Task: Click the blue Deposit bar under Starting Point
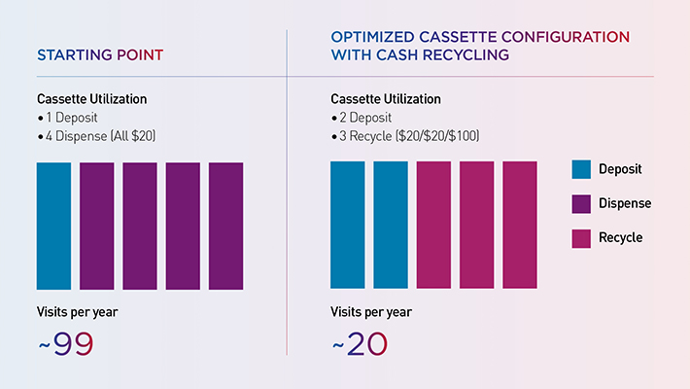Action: point(53,226)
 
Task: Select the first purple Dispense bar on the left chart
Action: point(96,226)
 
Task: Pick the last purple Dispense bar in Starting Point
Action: point(225,226)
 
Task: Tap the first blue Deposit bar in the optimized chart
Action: point(347,226)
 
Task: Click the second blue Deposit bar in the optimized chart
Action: point(391,226)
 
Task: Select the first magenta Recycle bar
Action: point(433,226)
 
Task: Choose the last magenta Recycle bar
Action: point(520,226)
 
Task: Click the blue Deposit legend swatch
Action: point(581,169)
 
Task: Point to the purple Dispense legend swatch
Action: point(581,203)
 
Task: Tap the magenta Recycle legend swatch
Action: point(581,237)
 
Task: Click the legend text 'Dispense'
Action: point(626,203)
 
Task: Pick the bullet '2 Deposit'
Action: point(365,117)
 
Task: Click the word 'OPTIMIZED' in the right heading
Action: point(375,36)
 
